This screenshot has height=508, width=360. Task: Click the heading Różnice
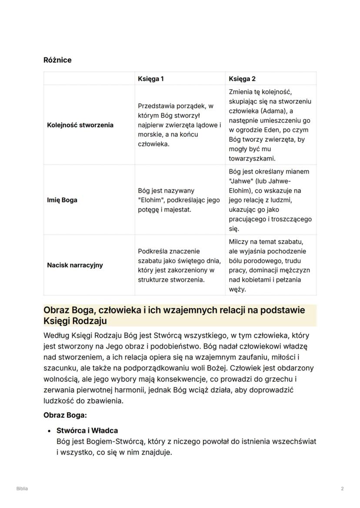57,60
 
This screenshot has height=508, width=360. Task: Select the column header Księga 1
150,79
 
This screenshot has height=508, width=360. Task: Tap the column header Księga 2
242,79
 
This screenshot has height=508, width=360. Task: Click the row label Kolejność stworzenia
80,125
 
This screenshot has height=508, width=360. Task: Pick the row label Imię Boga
62,200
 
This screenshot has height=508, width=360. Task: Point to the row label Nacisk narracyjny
75,265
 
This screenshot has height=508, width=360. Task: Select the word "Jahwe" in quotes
240,181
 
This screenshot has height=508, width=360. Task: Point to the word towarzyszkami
252,159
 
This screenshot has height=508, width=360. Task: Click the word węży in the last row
237,289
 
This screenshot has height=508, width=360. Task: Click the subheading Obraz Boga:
65,415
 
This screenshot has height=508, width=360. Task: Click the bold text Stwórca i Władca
87,431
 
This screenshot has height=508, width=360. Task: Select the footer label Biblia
22,488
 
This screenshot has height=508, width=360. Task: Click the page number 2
342,488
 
